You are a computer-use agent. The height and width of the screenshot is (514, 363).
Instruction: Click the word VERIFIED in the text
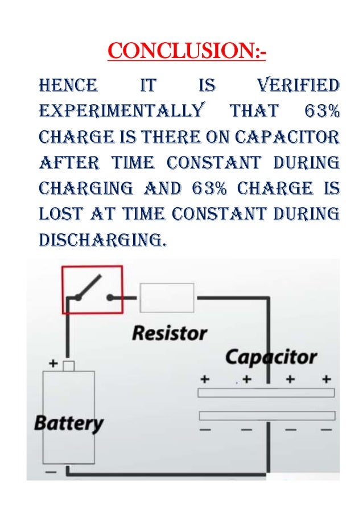[298, 87]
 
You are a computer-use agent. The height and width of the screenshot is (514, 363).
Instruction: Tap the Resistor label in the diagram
[170, 333]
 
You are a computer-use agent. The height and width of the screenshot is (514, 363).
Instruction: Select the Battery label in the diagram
[69, 423]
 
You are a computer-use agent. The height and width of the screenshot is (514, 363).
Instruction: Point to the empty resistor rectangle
[167, 298]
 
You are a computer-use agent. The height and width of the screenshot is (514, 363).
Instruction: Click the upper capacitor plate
[266, 393]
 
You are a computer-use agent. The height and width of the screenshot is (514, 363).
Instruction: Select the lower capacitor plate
[266, 416]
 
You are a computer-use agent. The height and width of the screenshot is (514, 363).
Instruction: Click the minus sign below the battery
[51, 472]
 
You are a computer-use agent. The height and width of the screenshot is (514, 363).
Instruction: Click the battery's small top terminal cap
[68, 366]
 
